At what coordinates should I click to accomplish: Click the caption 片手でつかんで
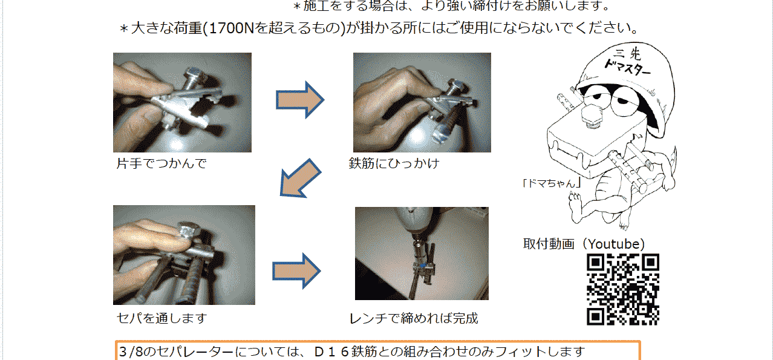click(161, 163)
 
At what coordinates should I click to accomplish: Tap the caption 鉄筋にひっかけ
click(394, 163)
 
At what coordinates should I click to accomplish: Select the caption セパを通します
click(162, 318)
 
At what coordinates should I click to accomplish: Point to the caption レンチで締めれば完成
click(414, 318)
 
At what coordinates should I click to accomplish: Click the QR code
click(623, 289)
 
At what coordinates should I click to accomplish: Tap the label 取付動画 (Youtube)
click(584, 244)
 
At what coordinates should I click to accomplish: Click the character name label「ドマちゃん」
click(552, 183)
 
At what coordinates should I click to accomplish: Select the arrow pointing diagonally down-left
click(300, 178)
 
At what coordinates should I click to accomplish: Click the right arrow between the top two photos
click(300, 100)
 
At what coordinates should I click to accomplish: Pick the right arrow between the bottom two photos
click(296, 271)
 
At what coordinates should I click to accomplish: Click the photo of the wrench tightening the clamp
click(422, 254)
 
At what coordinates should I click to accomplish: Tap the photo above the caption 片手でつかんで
click(182, 102)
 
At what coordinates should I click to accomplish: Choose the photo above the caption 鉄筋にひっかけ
click(422, 102)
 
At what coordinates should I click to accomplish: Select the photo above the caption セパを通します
click(184, 255)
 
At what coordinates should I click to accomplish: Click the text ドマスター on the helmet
click(627, 67)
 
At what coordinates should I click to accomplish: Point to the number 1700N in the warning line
click(232, 28)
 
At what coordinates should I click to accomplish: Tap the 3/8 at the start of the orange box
click(131, 352)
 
